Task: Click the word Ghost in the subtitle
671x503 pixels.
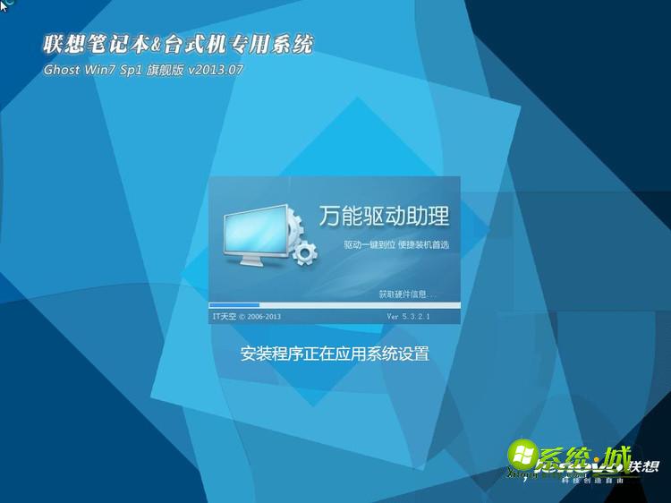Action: (x=61, y=69)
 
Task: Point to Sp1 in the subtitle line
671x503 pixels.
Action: (x=135, y=69)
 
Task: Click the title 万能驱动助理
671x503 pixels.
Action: (x=384, y=216)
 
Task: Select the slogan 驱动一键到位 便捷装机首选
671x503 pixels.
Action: (x=395, y=244)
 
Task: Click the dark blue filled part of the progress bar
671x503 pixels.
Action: (x=234, y=305)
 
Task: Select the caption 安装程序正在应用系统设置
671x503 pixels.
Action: (x=335, y=354)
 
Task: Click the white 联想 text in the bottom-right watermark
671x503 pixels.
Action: (x=644, y=467)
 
